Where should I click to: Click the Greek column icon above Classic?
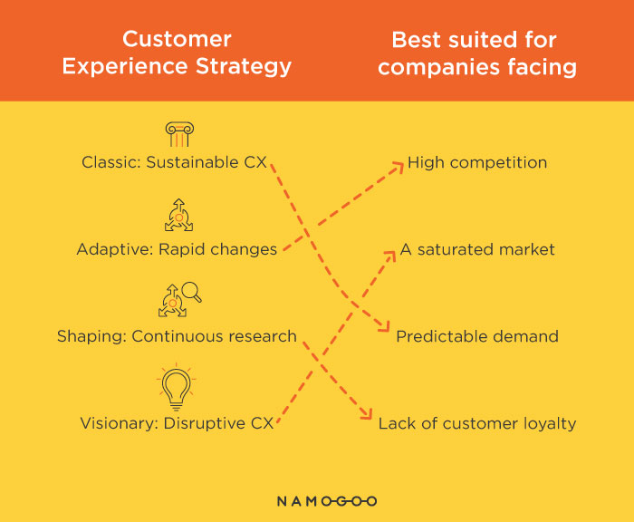(x=179, y=134)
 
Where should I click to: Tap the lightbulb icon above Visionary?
(x=176, y=387)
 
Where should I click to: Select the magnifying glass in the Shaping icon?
(x=192, y=292)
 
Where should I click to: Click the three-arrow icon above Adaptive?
(x=178, y=216)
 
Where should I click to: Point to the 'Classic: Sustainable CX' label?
(x=174, y=162)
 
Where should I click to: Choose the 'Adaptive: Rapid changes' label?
(x=177, y=249)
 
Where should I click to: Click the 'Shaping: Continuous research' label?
(x=177, y=336)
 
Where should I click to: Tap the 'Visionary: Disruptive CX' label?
(x=177, y=423)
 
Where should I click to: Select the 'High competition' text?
(x=477, y=162)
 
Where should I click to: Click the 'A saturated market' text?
(x=477, y=249)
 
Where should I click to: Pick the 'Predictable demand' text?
(x=477, y=336)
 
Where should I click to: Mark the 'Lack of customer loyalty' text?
(x=477, y=423)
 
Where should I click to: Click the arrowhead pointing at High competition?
(x=399, y=167)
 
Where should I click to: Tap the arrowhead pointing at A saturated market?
(x=390, y=256)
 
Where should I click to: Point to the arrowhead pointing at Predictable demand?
(x=385, y=326)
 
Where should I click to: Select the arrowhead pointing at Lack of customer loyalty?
(x=366, y=413)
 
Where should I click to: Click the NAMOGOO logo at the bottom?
(x=327, y=501)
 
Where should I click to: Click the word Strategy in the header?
(x=244, y=66)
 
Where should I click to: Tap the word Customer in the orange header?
(x=177, y=39)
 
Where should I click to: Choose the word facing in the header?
(x=543, y=67)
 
